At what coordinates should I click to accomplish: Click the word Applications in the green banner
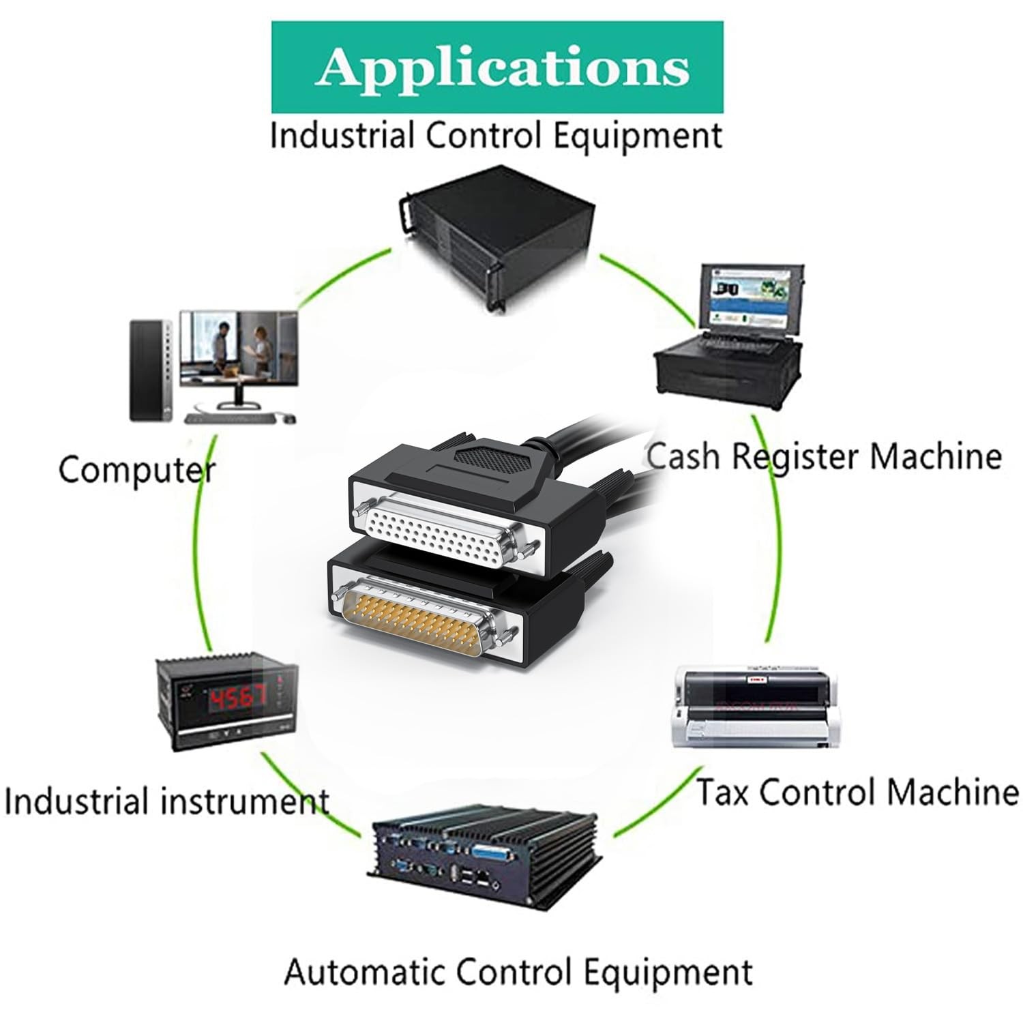click(501, 68)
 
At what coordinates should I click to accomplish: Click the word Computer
click(137, 471)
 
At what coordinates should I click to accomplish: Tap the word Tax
click(724, 792)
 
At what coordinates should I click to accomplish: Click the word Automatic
click(366, 970)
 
